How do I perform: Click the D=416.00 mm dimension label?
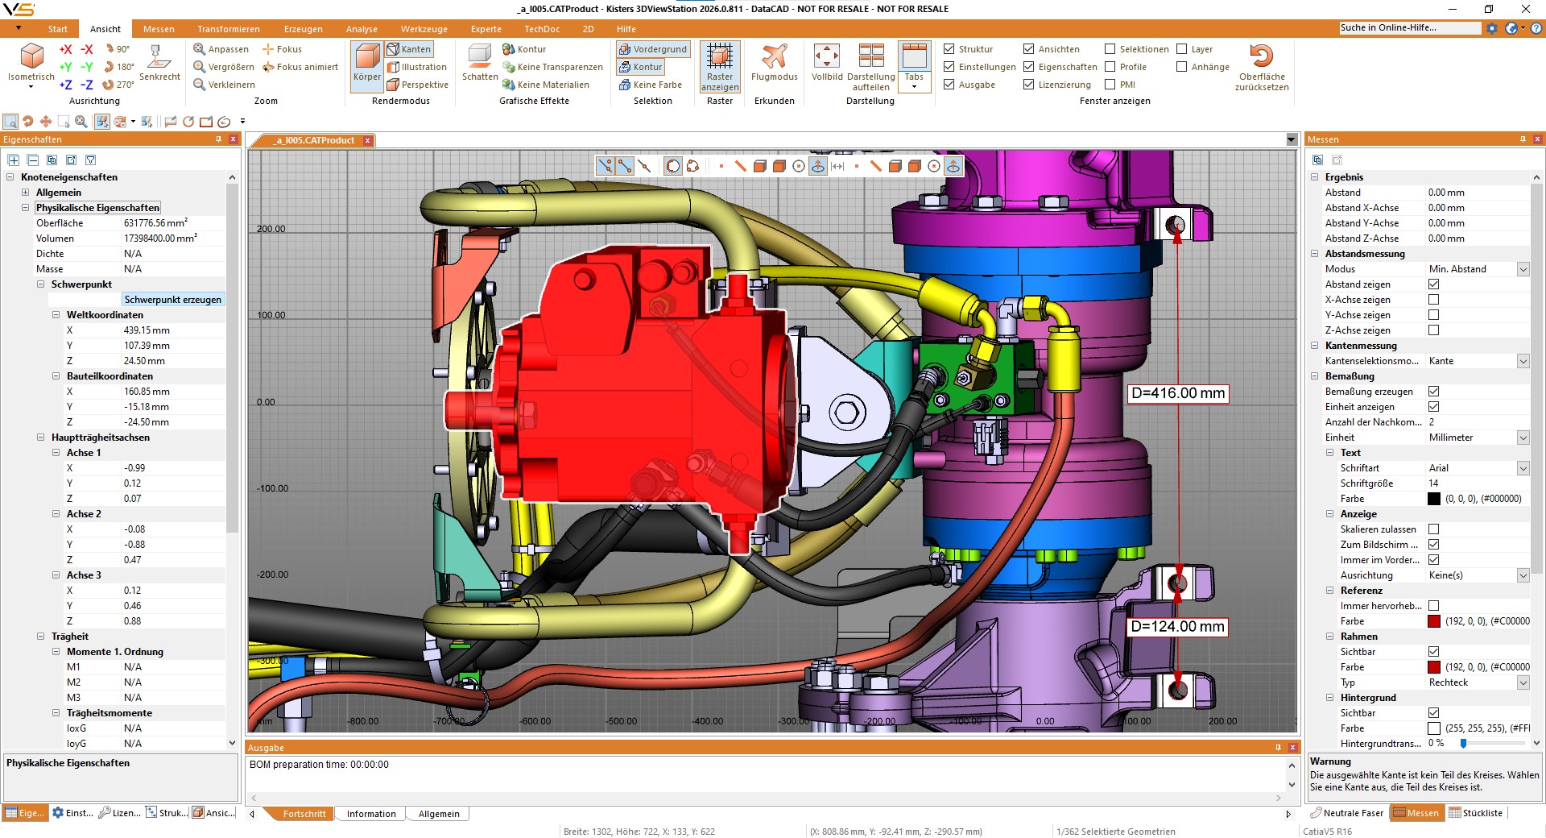coord(1177,393)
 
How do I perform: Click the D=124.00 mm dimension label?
coord(1177,626)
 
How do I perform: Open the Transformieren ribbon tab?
coord(228,29)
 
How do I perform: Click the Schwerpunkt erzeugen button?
coord(172,300)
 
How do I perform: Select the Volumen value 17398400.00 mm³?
coord(159,239)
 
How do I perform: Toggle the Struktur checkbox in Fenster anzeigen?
coord(949,49)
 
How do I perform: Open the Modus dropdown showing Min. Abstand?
coord(1523,269)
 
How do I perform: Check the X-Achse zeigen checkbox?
coord(1433,300)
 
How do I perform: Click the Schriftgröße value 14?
coord(1433,483)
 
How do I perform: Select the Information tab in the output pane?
coord(371,814)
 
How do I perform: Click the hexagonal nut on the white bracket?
coord(846,413)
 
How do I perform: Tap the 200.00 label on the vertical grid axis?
coord(271,229)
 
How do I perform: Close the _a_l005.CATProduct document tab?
coord(368,140)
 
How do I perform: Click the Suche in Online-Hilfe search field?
coord(1409,27)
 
